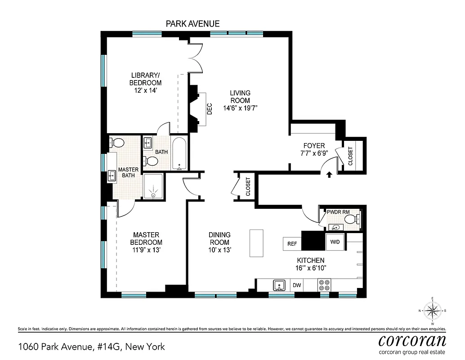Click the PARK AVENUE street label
(193, 23)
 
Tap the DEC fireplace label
(209, 109)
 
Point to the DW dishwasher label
(297, 285)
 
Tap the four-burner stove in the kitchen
(324, 285)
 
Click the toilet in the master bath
(118, 143)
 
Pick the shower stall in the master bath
(153, 186)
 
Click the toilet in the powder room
(356, 219)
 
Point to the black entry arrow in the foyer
(329, 175)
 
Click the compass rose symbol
(432, 310)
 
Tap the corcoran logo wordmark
(412, 340)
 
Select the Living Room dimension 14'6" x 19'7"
(240, 108)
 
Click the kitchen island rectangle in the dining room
(256, 243)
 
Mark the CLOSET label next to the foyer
(351, 156)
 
